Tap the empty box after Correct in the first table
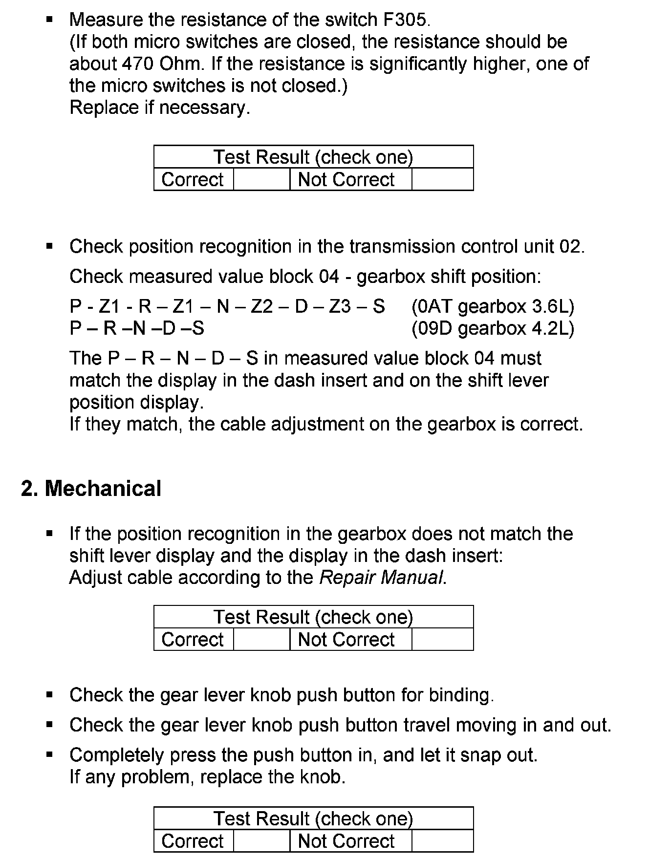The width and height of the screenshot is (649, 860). click(261, 179)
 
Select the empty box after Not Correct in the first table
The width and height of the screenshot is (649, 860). click(442, 179)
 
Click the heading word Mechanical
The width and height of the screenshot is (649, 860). click(103, 489)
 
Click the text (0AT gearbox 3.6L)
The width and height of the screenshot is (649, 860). click(493, 306)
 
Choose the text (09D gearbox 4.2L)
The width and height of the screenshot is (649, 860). click(493, 328)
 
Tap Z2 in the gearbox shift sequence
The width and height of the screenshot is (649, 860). click(262, 306)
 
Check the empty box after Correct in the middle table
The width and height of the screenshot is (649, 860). click(261, 639)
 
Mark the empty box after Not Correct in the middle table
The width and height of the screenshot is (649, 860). click(442, 639)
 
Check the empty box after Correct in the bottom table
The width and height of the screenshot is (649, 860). click(261, 841)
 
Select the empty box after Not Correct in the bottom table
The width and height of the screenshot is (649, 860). click(442, 841)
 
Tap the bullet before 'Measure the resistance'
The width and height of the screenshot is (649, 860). click(49, 20)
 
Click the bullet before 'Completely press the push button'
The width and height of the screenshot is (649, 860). click(49, 755)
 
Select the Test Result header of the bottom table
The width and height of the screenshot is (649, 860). click(313, 818)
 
